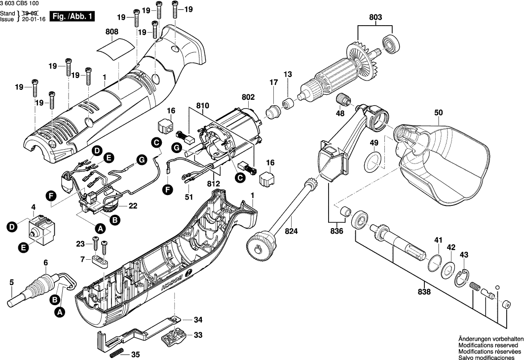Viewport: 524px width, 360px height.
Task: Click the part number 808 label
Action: [112, 32]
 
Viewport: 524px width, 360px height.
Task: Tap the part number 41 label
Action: [437, 240]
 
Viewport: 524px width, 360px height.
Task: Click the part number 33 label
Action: [198, 335]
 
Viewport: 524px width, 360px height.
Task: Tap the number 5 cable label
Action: [12, 282]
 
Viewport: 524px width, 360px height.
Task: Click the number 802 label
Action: [248, 98]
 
